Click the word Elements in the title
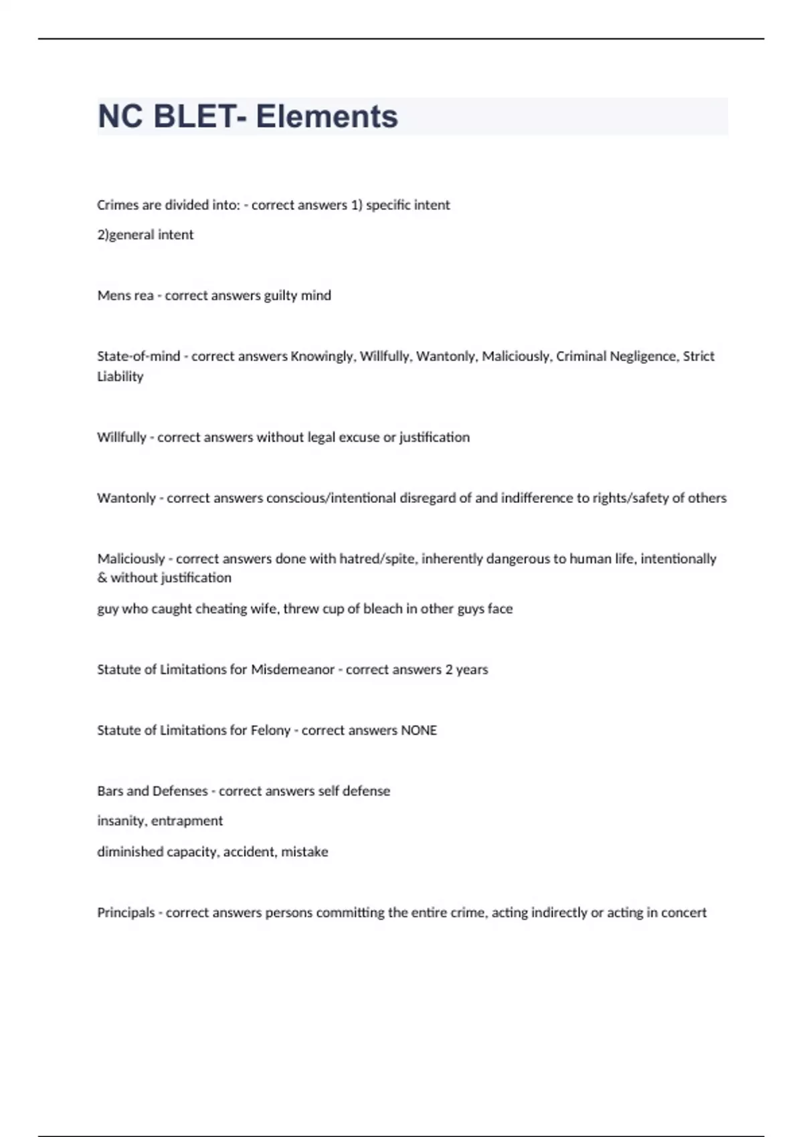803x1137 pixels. point(327,116)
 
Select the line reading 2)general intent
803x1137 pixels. point(145,235)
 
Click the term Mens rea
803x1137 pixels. point(125,296)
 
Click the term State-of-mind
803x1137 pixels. point(139,356)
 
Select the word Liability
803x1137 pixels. point(120,377)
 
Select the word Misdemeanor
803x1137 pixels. point(292,670)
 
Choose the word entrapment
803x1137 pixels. point(187,821)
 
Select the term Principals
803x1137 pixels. point(126,913)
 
